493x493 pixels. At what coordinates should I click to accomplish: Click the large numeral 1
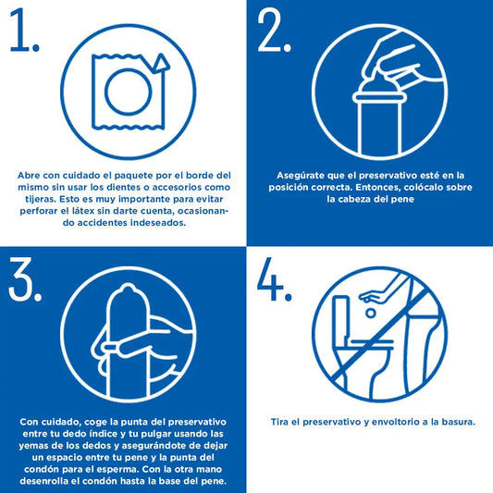pos(22,30)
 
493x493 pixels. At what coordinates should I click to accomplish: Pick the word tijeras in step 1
pos(41,200)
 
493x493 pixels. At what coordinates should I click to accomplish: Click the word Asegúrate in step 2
pos(300,176)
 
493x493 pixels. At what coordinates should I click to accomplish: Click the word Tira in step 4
pos(279,422)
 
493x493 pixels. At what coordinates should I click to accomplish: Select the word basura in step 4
pos(458,422)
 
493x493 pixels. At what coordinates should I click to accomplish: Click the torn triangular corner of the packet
pos(161,64)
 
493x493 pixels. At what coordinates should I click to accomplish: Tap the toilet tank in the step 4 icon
pos(341,317)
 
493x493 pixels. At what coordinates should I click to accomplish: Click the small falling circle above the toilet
pos(371,313)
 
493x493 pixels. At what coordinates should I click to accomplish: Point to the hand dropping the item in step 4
pos(376,296)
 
